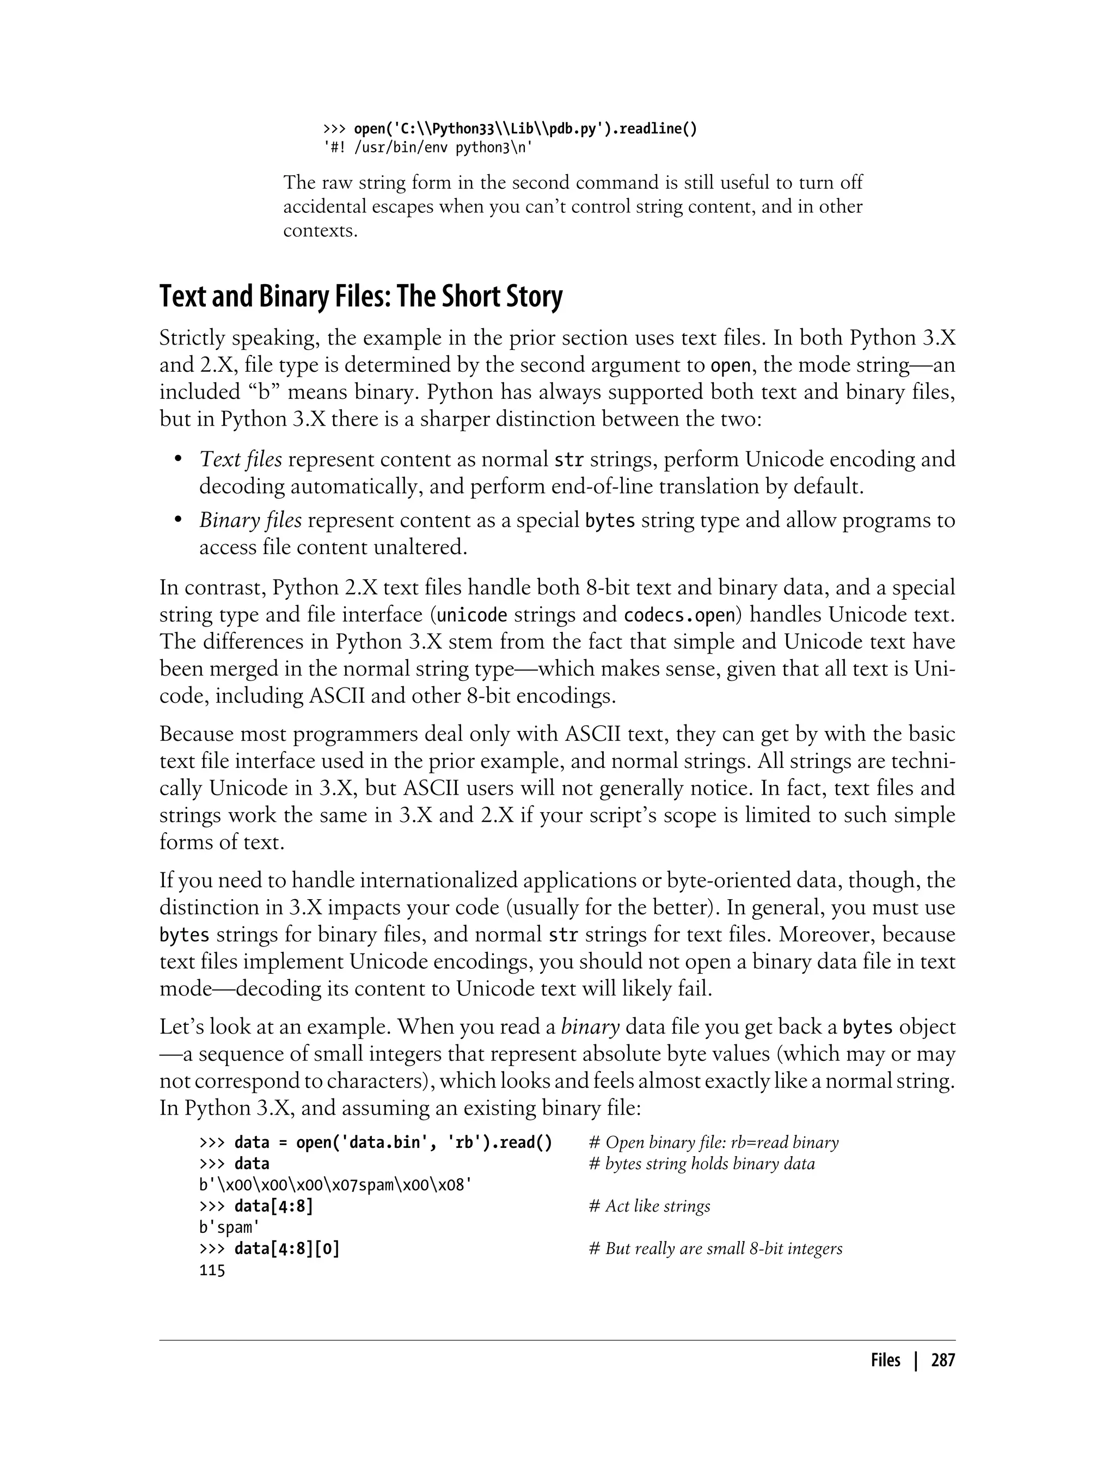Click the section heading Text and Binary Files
point(360,297)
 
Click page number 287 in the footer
point(942,1361)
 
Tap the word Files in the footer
point(885,1361)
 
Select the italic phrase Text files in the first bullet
point(240,459)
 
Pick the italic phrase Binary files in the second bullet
point(250,520)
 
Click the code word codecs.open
point(679,615)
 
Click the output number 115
point(212,1270)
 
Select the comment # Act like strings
point(649,1206)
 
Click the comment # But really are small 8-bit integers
point(715,1249)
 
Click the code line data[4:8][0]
point(287,1249)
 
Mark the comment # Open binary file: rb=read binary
point(713,1142)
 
